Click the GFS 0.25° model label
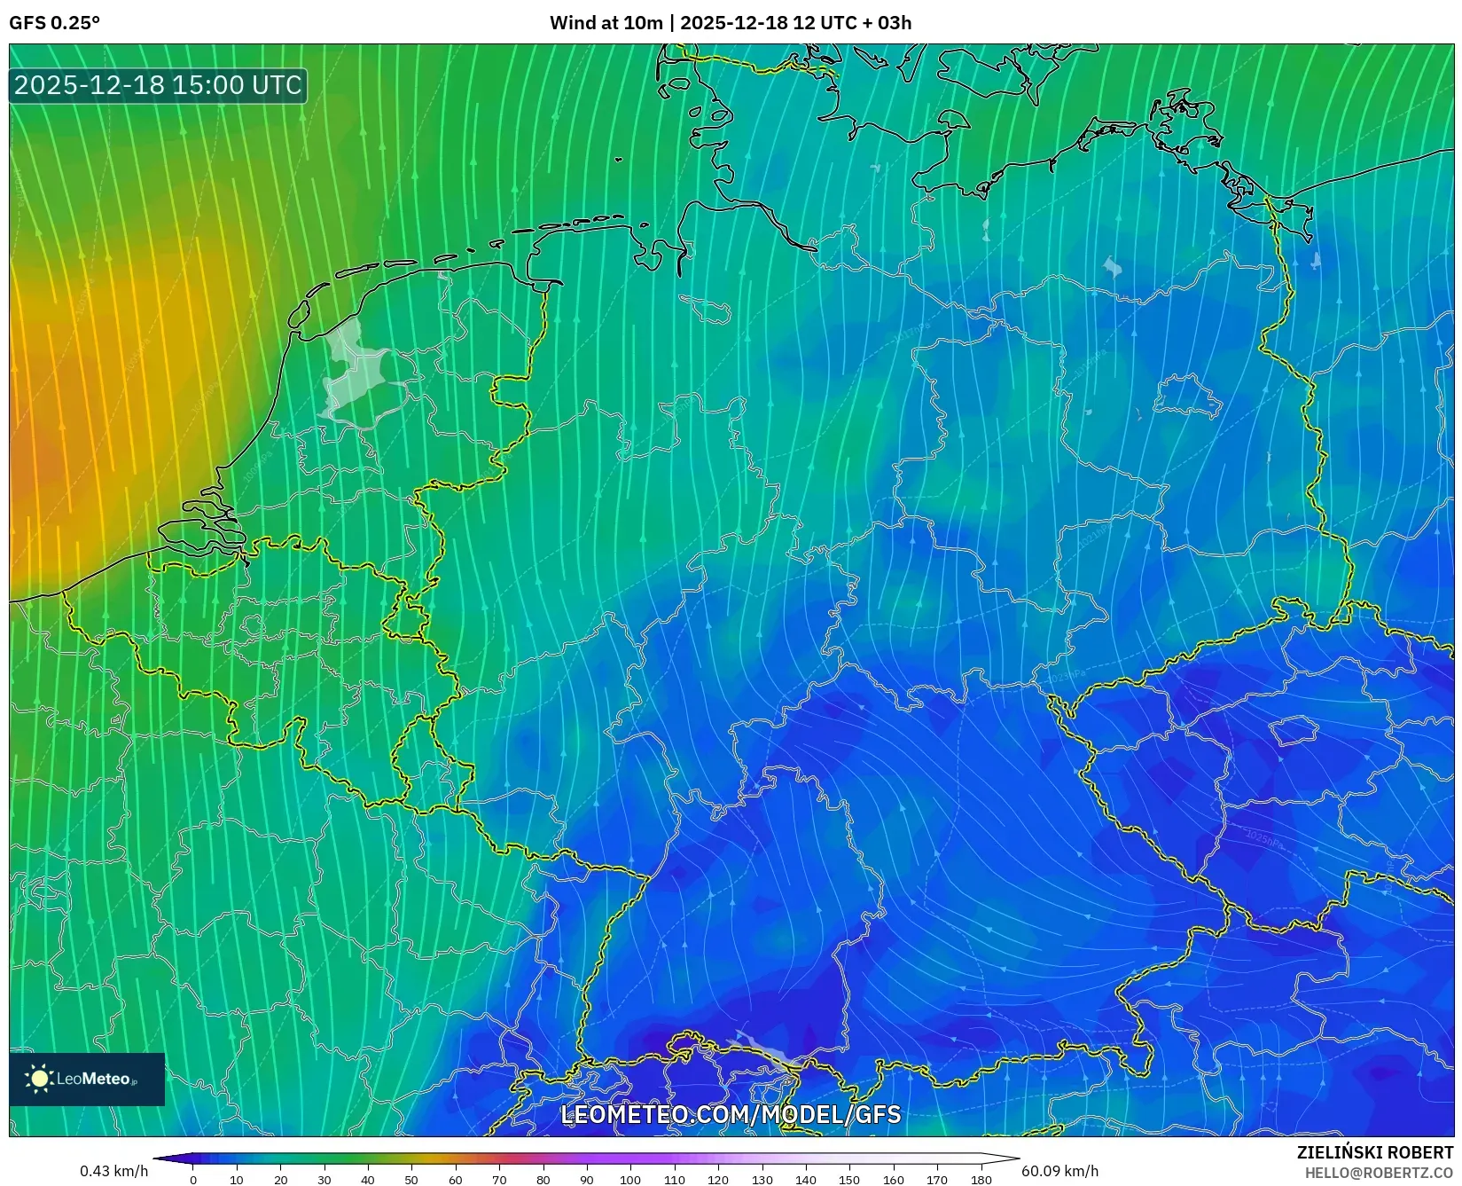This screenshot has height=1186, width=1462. (54, 23)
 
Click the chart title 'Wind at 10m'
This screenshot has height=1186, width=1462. (606, 23)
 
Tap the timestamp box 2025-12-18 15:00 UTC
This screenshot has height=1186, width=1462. (158, 85)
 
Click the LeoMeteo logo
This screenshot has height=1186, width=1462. (87, 1079)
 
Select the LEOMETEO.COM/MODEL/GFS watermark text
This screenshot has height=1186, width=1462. (731, 1114)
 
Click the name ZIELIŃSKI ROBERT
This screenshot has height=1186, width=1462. (1374, 1152)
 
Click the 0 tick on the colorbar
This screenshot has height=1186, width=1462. (193, 1180)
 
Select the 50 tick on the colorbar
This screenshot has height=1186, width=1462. (411, 1180)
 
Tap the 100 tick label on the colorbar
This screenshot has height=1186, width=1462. (630, 1180)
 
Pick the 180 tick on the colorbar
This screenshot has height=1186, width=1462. (981, 1180)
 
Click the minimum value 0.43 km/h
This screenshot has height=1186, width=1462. (113, 1171)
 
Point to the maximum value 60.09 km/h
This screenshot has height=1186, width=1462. (1059, 1171)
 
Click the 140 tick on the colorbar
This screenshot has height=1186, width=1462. (806, 1180)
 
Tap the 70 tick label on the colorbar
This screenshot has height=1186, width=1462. (499, 1180)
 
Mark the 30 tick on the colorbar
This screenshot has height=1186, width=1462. (324, 1180)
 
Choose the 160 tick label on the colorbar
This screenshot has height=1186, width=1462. (893, 1180)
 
